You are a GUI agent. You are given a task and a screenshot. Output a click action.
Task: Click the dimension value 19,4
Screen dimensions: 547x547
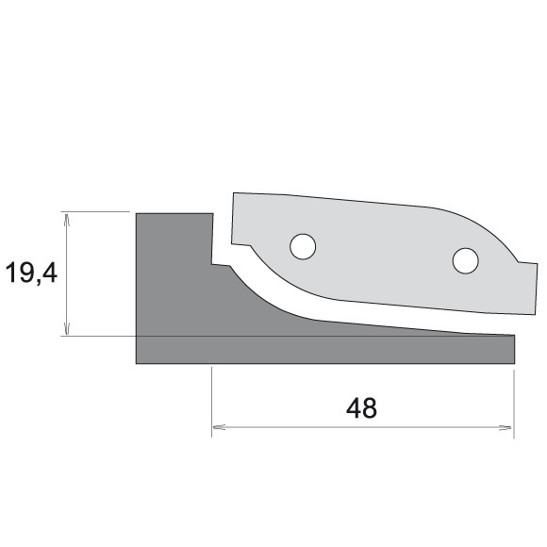pos(30,274)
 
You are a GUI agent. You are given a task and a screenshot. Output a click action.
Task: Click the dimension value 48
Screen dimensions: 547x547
pos(361,408)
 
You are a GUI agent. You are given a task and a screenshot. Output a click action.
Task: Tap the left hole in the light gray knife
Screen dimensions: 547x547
pos(303,246)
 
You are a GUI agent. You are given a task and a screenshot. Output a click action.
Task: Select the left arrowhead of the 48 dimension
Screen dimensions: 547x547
pos(217,426)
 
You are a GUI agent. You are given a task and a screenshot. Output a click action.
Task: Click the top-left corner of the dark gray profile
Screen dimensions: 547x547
pos(138,213)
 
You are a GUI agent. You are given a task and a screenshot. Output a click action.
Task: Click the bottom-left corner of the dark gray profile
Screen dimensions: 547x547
pos(138,363)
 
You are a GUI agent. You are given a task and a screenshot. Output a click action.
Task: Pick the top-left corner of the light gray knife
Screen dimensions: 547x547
pos(234,194)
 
